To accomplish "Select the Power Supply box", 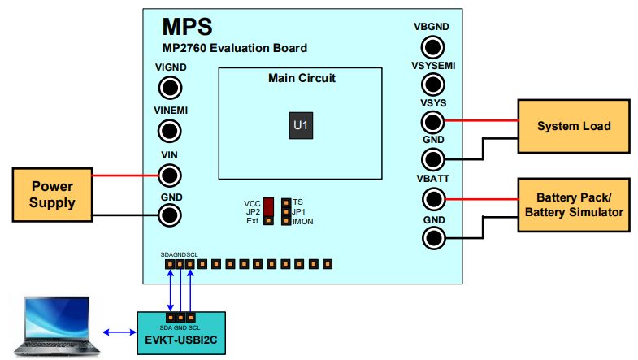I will pyautogui.click(x=53, y=193).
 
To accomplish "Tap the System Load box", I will pyautogui.click(x=573, y=127).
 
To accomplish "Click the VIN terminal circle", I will pyautogui.click(x=170, y=174).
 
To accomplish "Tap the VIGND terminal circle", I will pyautogui.click(x=170, y=88).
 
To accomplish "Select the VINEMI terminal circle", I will pyautogui.click(x=170, y=129).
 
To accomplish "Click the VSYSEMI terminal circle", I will pyautogui.click(x=432, y=83).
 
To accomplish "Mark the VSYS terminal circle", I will pyautogui.click(x=432, y=122).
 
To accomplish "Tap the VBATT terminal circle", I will pyautogui.click(x=432, y=198).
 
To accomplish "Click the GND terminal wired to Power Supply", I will pyautogui.click(x=170, y=215).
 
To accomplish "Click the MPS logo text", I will pyautogui.click(x=188, y=27).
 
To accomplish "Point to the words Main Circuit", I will pyautogui.click(x=302, y=79).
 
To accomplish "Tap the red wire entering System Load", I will pyautogui.click(x=480, y=122).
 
